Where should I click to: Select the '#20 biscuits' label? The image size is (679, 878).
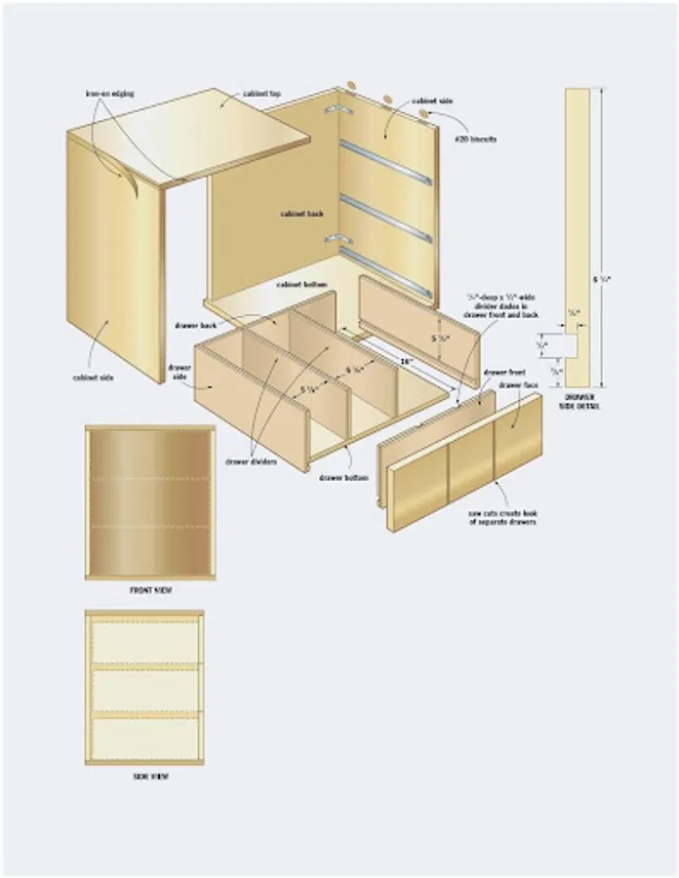coord(477,140)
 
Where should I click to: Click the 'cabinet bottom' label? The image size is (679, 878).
coord(301,284)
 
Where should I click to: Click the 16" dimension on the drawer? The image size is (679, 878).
coord(406,360)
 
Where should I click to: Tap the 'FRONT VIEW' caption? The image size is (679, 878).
coord(146,590)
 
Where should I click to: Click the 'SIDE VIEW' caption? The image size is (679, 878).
coord(146,777)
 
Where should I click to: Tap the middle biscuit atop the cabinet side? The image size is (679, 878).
coord(387,100)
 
